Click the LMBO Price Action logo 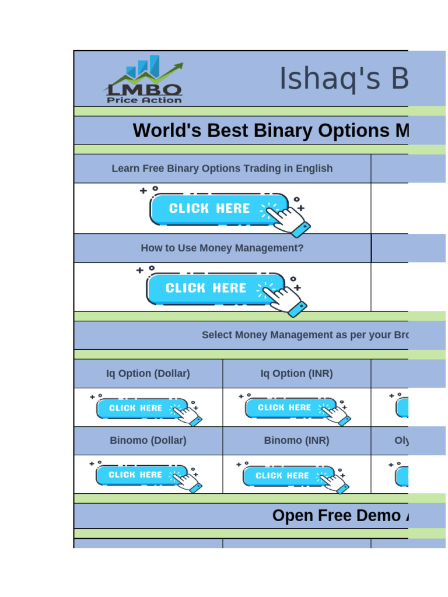point(143,80)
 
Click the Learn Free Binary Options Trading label point(222,168)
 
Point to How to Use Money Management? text point(222,248)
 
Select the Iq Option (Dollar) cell point(148,374)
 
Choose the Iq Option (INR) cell point(296,374)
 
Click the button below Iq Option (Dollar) point(140,408)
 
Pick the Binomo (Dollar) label point(148,441)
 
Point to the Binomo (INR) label point(296,441)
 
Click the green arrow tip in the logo point(180,65)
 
